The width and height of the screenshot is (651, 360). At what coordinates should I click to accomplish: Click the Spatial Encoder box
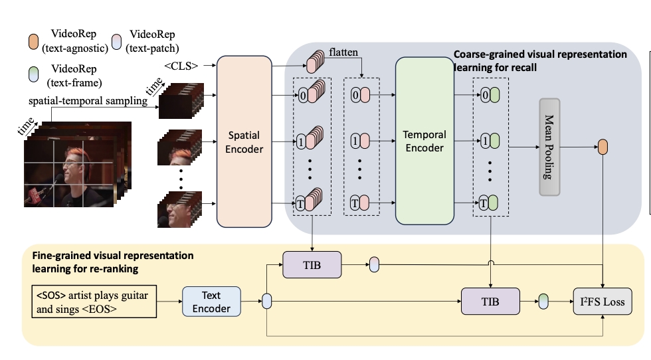[x=244, y=141]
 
